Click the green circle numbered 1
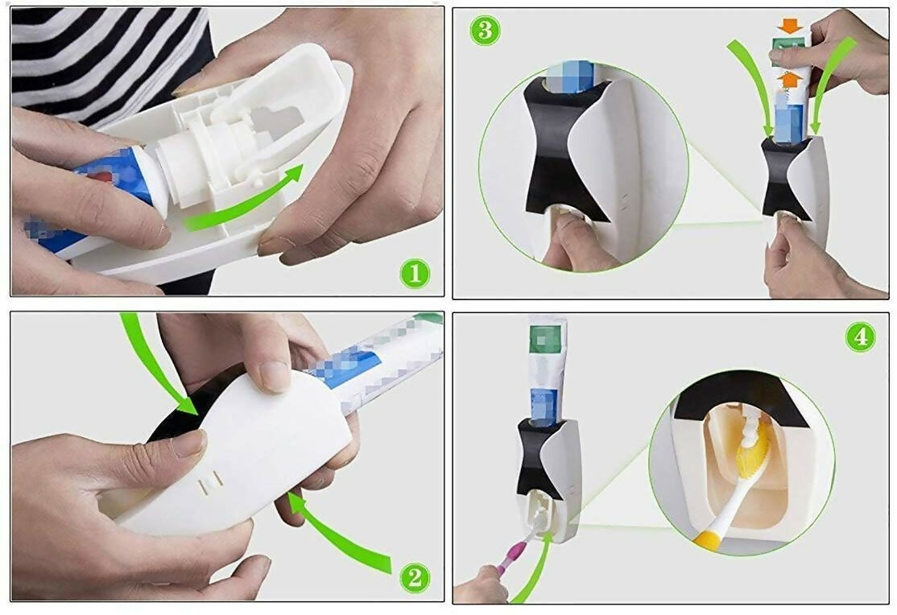point(415,274)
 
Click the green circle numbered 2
point(415,576)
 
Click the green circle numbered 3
point(486,31)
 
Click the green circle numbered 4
point(860,336)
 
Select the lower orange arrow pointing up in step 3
point(791,78)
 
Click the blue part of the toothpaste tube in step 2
point(346,366)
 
